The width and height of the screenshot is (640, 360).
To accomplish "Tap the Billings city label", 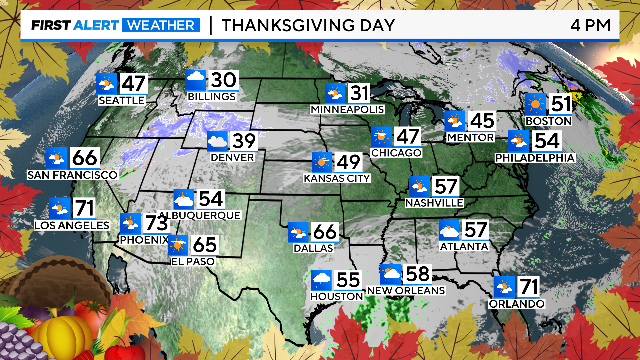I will click(211, 97).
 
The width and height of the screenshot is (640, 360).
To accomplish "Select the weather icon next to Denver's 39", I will click(217, 143).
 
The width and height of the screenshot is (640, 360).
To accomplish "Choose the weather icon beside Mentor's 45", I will click(456, 122).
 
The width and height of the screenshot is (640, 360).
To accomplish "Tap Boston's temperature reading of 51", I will click(561, 104).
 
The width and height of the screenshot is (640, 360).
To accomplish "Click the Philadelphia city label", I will click(535, 158).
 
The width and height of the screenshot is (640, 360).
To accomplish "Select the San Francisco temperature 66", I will click(85, 158).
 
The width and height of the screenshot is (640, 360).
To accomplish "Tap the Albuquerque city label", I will click(206, 215).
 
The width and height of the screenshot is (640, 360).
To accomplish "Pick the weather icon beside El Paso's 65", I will click(177, 244).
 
